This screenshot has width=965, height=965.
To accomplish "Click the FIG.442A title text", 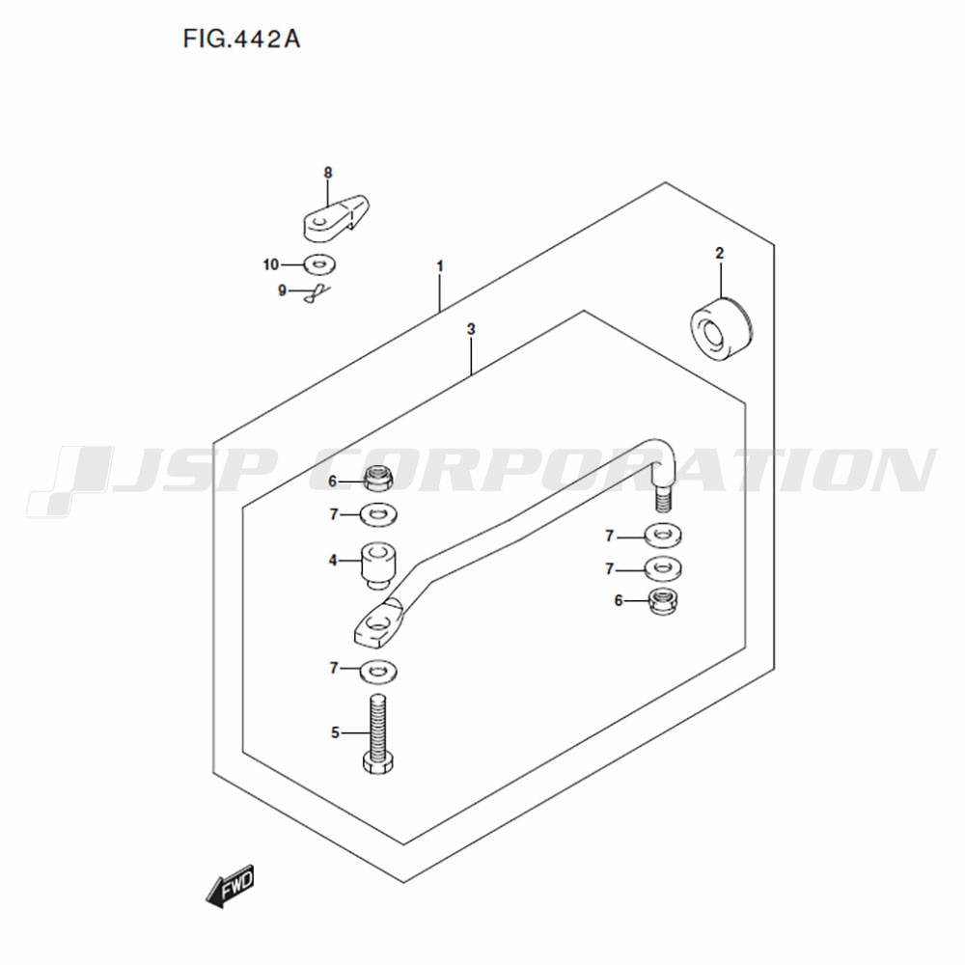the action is pos(241,39).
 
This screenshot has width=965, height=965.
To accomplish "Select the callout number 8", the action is pos(328,173).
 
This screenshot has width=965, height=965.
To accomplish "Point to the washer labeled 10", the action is pos(319,264).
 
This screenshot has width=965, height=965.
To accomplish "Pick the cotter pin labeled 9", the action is pos(316,293).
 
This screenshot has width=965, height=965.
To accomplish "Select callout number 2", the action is pos(720,253).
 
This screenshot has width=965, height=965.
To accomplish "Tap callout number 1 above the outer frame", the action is pos(440,266).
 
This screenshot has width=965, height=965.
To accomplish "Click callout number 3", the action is pos(471,329).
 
